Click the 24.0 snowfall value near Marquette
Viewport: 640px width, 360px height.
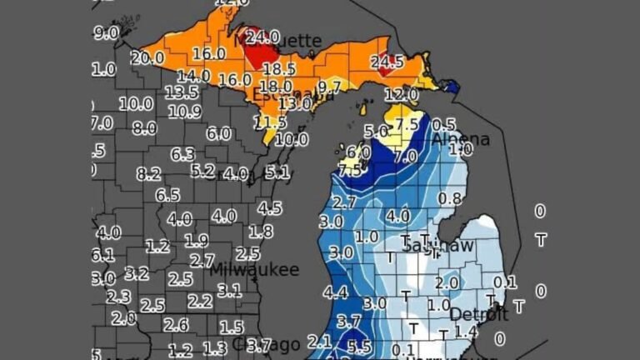261,37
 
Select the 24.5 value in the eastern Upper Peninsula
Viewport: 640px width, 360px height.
387,62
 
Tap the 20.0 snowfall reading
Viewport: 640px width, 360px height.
147,57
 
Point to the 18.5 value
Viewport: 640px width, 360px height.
279,69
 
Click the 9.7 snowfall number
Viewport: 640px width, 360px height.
330,86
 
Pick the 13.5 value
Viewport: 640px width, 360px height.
181,92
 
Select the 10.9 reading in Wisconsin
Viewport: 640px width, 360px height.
184,111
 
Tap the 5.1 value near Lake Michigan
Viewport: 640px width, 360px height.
277,172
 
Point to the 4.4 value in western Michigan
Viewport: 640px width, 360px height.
335,292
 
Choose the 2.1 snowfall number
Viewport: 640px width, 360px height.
320,340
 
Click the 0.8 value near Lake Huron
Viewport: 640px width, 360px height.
449,198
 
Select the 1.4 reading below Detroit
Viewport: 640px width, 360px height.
466,332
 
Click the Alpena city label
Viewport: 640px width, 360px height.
460,139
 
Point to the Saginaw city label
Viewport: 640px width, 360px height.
437,245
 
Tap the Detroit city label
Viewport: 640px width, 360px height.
478,314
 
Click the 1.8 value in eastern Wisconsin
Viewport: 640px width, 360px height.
261,232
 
